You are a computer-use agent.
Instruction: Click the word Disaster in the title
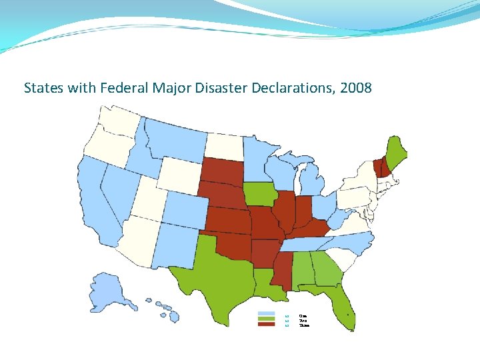[223, 88]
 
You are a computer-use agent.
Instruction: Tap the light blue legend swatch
[266, 315]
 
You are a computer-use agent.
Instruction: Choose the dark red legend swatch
[266, 325]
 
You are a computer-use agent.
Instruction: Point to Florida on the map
[343, 307]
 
